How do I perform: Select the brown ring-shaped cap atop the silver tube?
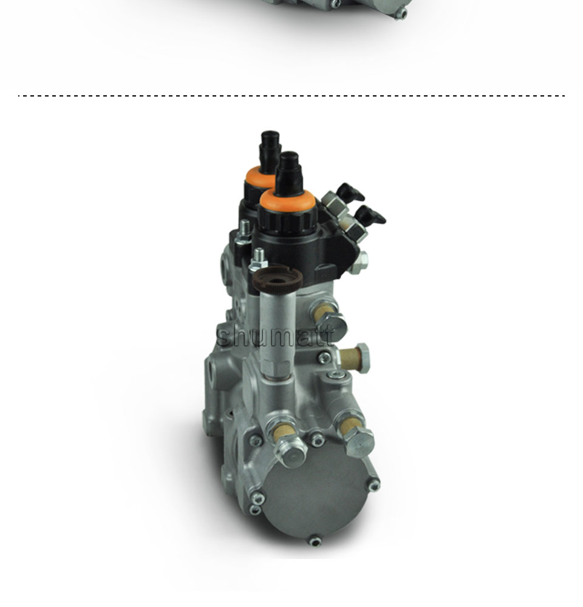click(278, 280)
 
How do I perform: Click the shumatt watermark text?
click(275, 336)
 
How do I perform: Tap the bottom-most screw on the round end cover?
click(315, 541)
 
